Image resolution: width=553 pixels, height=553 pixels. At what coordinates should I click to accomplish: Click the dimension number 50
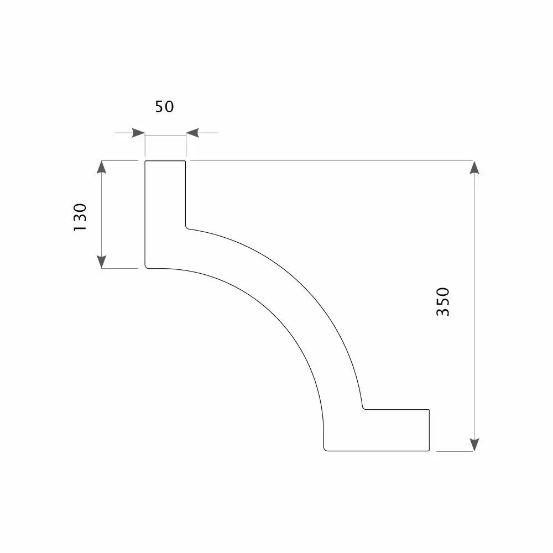coord(164,107)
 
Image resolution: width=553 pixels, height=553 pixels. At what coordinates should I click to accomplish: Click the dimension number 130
coord(80,217)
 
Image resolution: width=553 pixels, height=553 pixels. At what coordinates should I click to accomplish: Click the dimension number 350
coord(443,302)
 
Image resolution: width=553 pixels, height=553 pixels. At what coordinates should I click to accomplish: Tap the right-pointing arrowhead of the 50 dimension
coord(138,133)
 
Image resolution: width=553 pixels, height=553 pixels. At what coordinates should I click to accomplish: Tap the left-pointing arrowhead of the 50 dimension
coord(192,133)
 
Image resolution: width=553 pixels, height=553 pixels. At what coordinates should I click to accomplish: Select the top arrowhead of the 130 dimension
coord(102,167)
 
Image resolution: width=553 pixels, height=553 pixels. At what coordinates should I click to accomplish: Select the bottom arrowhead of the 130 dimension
coord(102,262)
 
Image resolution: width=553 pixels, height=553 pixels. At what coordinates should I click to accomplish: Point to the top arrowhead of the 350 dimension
coord(474,167)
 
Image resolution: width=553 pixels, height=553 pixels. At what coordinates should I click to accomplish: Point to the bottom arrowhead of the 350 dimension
coord(474,445)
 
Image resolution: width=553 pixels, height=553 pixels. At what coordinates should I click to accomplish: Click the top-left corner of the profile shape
coord(145,161)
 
